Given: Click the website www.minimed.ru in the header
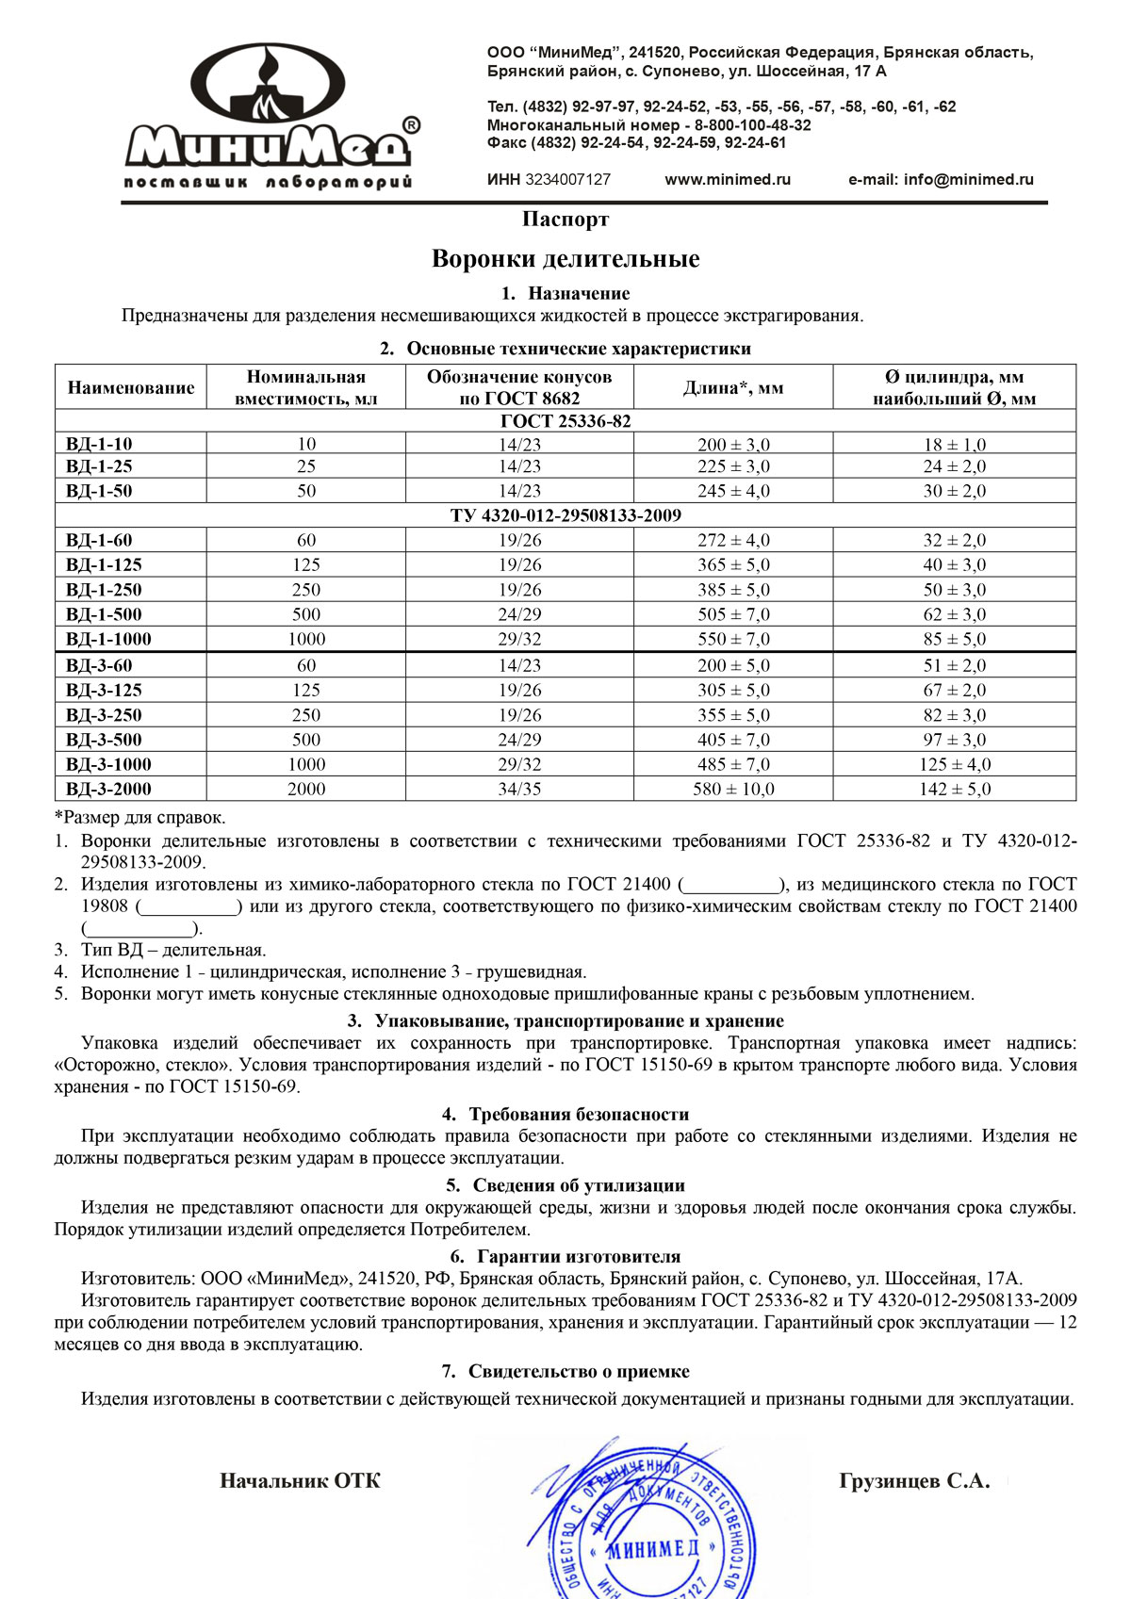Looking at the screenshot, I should [728, 180].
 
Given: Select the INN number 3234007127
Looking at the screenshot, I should [567, 180].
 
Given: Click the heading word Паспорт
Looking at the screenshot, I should [565, 220].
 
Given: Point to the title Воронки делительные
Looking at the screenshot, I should [565, 259].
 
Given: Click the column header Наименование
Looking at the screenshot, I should [131, 387].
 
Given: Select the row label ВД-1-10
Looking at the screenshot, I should [99, 444].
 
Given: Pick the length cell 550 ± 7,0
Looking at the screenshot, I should [733, 639].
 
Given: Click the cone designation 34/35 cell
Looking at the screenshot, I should [519, 789].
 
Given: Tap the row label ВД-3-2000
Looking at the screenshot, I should [108, 789].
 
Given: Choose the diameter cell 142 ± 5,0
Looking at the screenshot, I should [955, 789].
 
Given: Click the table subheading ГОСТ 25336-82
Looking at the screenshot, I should [565, 421].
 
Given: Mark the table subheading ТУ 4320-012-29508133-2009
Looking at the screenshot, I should [565, 515].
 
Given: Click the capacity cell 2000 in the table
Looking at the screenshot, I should [306, 789].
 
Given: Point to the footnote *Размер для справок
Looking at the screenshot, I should [139, 817].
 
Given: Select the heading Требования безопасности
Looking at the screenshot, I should [578, 1115].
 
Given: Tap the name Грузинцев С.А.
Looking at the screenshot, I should [914, 1481].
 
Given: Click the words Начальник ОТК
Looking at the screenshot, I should [300, 1481].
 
